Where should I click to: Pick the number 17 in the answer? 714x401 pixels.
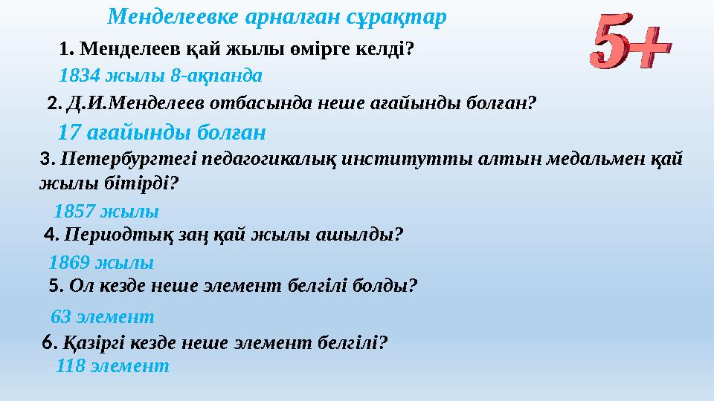tap(68, 133)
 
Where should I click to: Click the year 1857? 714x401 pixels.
tap(74, 212)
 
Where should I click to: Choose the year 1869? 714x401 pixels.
tap(68, 262)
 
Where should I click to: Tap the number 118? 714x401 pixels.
tap(70, 366)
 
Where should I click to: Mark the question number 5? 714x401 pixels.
tap(54, 285)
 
